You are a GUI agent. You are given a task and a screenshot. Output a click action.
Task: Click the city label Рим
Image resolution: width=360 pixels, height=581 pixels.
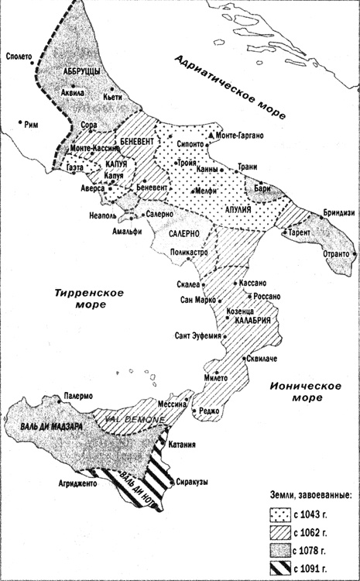[x=31, y=123]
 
